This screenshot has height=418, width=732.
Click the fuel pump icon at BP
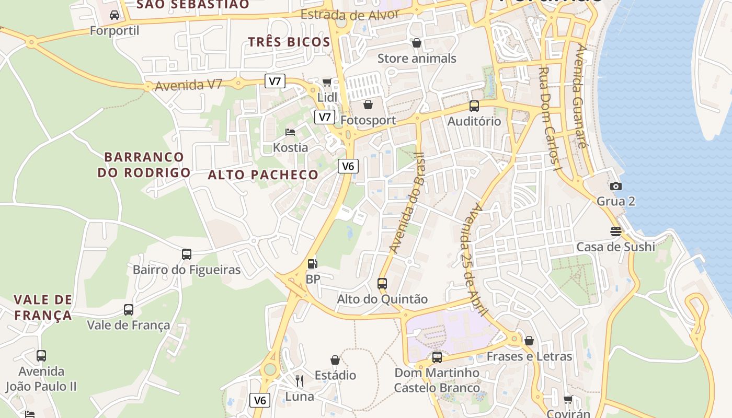pos(312,264)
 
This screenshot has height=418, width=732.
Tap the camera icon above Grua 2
pos(616,186)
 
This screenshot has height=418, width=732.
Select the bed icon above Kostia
pos(290,132)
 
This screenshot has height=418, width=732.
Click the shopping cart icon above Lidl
pos(327,82)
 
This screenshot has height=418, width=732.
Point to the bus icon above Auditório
pos(474,106)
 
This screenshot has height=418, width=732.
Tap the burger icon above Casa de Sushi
pos(615,231)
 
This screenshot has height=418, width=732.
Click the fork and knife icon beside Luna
pos(300,380)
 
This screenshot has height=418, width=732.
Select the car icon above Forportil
pos(115,15)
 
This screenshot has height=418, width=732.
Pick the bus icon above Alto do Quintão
pos(382,284)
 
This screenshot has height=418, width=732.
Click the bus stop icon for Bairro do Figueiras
pos(187,254)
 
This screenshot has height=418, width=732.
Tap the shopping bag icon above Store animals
pos(417,43)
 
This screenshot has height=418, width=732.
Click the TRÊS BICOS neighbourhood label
pos(289,42)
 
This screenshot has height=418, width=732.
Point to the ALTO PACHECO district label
pos(263,175)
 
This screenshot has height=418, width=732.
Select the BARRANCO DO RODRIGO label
pos(144,165)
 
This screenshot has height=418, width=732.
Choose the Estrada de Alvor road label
pos(350,15)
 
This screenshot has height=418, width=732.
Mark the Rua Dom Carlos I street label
pos(550,118)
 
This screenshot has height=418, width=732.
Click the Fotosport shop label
pos(368,120)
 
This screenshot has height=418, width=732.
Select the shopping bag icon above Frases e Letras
pos(529,341)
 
